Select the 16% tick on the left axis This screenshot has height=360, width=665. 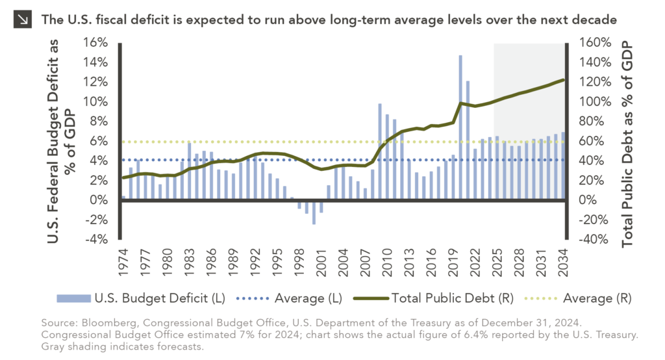point(94,43)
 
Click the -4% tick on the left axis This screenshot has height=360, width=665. point(94,240)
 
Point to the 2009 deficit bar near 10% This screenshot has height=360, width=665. point(381,151)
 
